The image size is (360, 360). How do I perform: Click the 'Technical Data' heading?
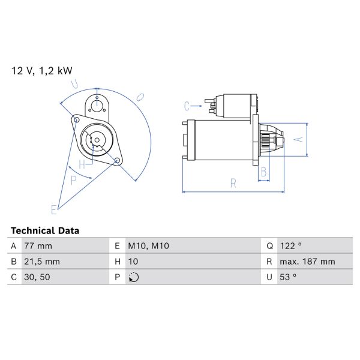click(45, 230)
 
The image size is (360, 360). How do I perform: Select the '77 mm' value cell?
click(38, 246)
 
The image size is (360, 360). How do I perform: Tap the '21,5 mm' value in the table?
click(41, 262)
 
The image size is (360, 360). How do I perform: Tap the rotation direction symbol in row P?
click(133, 277)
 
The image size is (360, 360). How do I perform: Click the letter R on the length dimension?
click(233, 184)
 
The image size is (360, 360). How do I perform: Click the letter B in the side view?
click(263, 173)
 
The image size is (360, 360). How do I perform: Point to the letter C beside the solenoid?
click(187, 106)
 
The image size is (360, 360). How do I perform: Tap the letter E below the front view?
click(53, 209)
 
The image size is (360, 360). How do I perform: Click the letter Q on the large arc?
click(139, 96)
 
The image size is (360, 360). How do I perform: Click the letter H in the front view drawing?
click(82, 164)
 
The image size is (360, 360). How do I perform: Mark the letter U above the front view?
click(73, 83)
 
